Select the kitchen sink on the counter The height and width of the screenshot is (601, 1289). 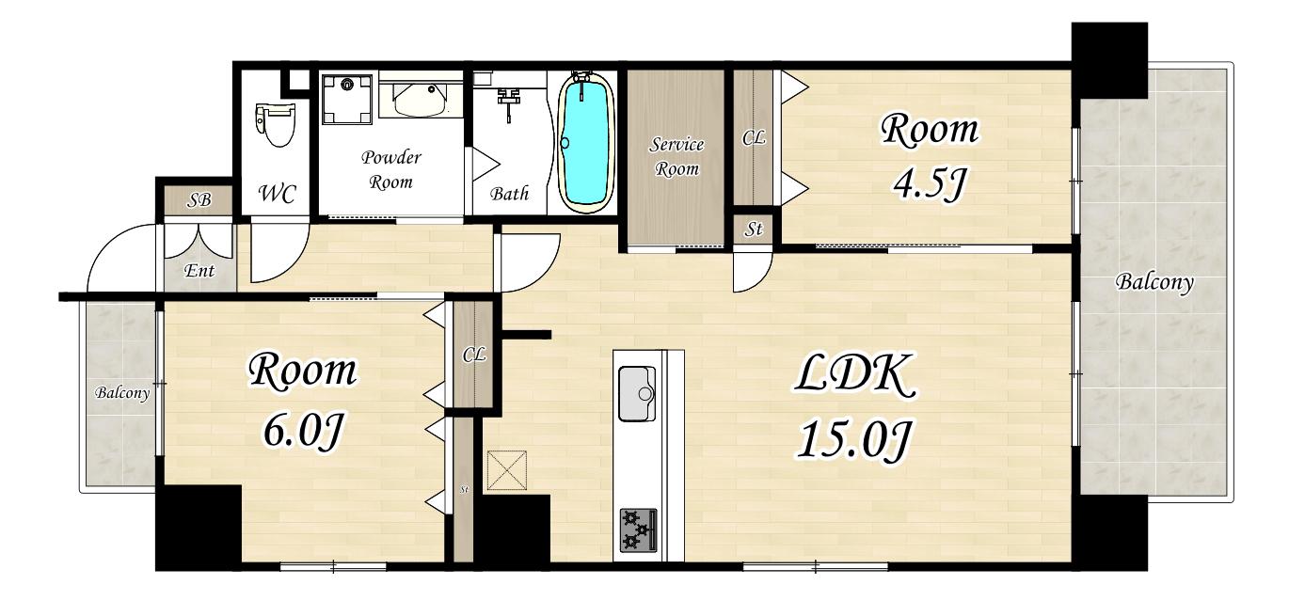point(637,394)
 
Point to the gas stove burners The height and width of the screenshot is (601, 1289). point(638,530)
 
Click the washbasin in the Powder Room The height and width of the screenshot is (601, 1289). point(420,100)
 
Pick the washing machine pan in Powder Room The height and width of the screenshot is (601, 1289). point(347,99)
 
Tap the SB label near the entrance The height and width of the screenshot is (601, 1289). point(199,199)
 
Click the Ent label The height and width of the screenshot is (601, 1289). point(199,270)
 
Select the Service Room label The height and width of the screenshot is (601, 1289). point(676,156)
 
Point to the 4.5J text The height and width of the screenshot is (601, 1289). point(928,183)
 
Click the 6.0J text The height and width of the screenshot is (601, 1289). point(303,429)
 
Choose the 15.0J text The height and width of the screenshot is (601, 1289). point(854,439)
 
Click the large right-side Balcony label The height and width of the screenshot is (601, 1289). point(1154,282)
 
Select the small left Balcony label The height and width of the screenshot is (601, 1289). point(122,393)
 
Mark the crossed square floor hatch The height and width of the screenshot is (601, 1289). point(507,470)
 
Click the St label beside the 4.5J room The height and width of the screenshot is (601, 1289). point(754,229)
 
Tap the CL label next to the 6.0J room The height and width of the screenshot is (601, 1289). point(474,355)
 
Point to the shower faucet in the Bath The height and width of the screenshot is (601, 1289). point(508,103)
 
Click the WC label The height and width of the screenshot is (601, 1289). point(278,194)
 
